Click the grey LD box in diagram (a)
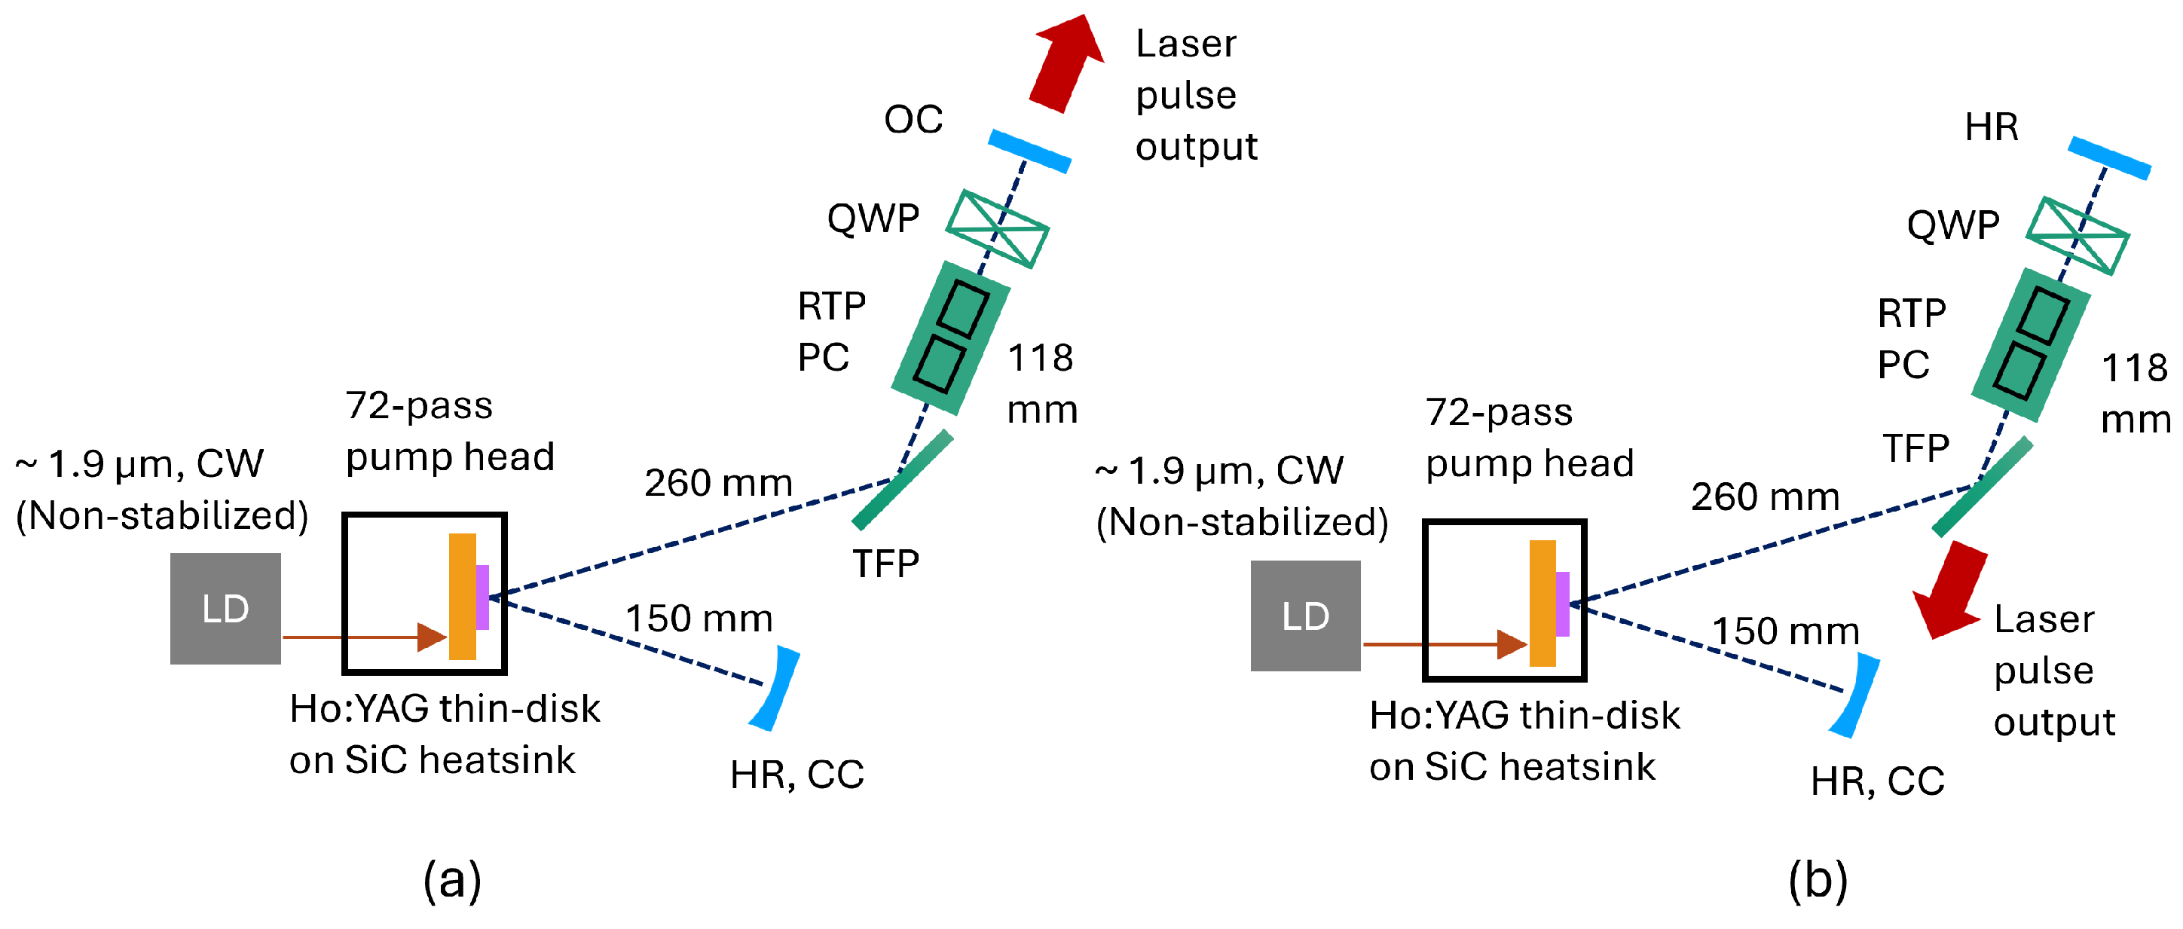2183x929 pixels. tap(225, 608)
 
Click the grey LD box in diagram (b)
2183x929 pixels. tap(1305, 616)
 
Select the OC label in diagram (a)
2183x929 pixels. tap(913, 120)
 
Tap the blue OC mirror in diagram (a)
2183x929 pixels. tap(1029, 151)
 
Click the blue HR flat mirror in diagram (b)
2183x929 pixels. tap(2108, 157)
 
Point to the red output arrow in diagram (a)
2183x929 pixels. tap(1066, 63)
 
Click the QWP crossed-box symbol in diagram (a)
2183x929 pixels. tap(998, 228)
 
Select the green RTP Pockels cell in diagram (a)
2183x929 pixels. tap(951, 338)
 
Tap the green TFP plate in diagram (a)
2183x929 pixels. tap(903, 479)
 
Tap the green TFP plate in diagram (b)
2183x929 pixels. tap(1982, 487)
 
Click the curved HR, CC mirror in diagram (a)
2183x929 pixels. tap(776, 689)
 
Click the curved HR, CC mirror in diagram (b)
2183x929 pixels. tap(1856, 695)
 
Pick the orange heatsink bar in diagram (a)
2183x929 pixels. tap(462, 596)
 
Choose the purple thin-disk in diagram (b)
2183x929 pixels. tap(1562, 604)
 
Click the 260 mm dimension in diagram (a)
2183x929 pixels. tap(718, 482)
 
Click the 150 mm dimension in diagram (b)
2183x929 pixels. tap(1786, 631)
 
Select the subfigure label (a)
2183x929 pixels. tap(451, 880)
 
